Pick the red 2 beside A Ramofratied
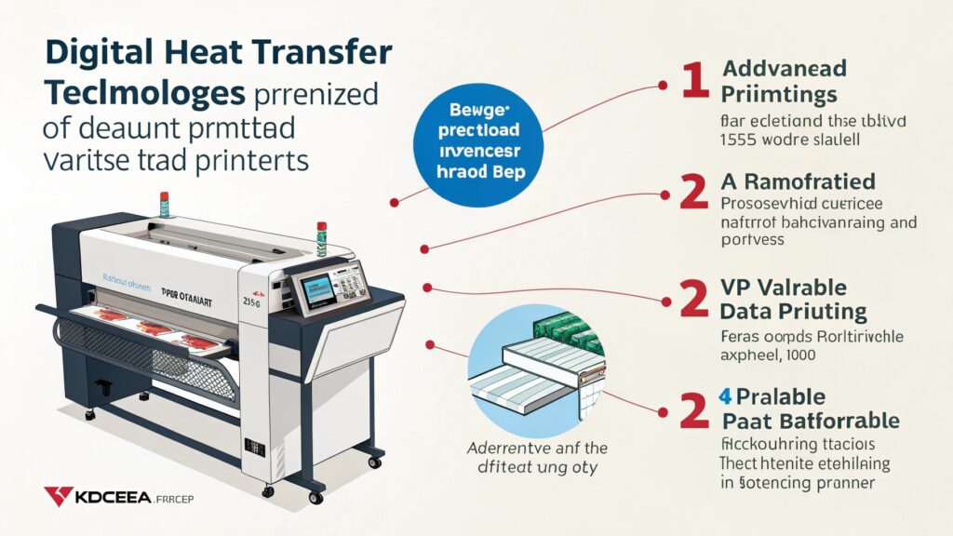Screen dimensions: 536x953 693,192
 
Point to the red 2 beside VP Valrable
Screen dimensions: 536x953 693,300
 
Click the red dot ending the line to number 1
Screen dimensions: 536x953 663,86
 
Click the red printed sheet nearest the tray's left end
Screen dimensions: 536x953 113,317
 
